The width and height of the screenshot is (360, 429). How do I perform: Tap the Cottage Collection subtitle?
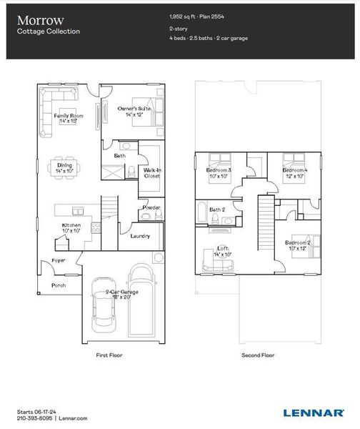[x=49, y=31]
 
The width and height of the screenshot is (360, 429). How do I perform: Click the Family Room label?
[x=69, y=116]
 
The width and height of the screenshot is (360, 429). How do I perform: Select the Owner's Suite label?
[x=134, y=109]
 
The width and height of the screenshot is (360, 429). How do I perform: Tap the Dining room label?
[x=65, y=166]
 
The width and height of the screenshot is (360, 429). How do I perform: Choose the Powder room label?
[x=151, y=207]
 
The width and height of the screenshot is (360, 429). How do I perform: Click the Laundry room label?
[x=140, y=237]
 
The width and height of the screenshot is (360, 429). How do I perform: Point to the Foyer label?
[x=59, y=261]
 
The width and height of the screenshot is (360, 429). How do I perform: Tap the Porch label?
[x=59, y=285]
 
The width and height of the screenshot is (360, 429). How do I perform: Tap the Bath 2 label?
[x=217, y=209]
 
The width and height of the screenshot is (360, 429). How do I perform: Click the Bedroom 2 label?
[x=298, y=243]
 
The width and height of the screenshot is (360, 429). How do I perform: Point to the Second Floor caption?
[x=258, y=354]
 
